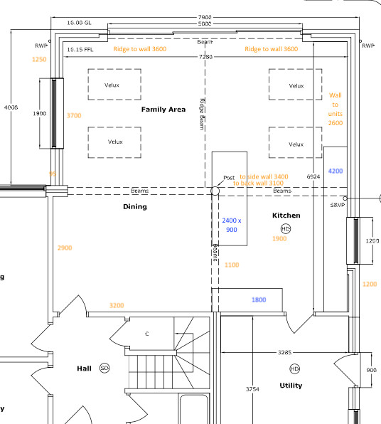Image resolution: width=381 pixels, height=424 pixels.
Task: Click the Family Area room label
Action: click(163, 110)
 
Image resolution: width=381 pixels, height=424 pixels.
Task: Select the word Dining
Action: click(134, 207)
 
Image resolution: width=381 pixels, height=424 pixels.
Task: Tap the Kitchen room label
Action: click(286, 215)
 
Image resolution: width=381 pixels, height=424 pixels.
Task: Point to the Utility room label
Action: click(291, 386)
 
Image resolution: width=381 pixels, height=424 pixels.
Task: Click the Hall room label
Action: click(85, 369)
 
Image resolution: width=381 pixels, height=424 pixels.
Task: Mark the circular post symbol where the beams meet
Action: click(215, 191)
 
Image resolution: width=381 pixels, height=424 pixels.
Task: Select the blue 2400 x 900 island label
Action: click(232, 226)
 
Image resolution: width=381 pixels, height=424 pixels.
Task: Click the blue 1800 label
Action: click(259, 300)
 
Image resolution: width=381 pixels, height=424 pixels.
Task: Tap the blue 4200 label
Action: click(336, 171)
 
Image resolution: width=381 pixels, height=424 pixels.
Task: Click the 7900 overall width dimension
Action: click(206, 17)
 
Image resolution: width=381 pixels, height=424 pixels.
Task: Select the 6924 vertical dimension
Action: click(313, 175)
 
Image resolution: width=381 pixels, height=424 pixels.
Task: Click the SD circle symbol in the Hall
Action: click(104, 368)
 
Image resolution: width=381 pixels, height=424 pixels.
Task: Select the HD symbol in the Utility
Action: click(294, 369)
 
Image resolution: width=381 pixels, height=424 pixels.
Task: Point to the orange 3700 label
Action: click(74, 115)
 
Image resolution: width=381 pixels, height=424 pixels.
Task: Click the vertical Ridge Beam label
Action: click(201, 115)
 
